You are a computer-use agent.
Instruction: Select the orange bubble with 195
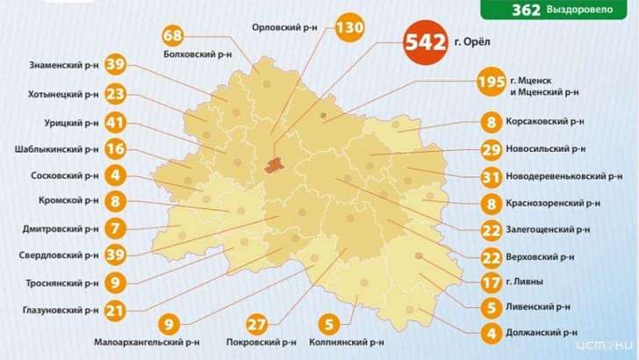492,83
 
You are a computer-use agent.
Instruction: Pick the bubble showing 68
174,36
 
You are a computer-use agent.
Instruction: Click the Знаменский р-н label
61,65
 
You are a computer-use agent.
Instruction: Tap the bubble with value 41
115,122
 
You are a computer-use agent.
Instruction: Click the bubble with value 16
115,149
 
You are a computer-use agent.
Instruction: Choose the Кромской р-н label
68,201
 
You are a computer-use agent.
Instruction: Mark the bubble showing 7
115,228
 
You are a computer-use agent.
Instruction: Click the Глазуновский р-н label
58,310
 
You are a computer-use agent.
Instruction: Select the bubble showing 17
492,283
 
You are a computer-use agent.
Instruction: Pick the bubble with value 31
492,177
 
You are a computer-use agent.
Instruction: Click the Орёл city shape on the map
275,164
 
